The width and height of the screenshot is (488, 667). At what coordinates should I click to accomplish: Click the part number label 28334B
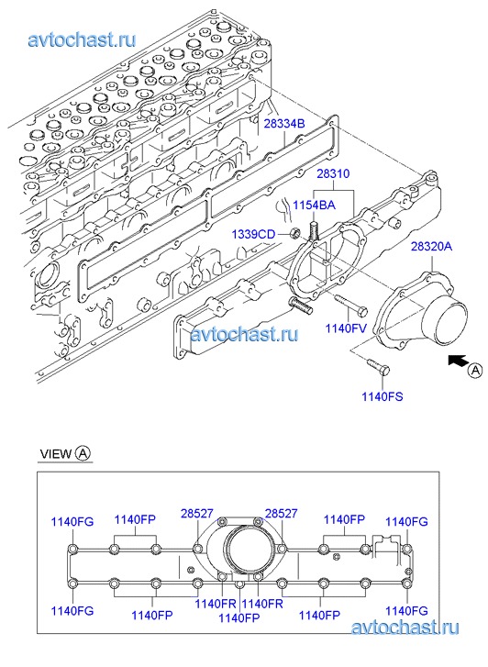click(x=284, y=124)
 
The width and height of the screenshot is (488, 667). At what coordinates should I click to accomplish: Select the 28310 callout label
click(x=333, y=173)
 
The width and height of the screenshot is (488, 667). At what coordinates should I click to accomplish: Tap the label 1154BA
click(x=314, y=205)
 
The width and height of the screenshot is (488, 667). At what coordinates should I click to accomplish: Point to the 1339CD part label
click(x=253, y=234)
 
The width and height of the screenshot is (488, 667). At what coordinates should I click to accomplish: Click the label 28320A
click(x=431, y=246)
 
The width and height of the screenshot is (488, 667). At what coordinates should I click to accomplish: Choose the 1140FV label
click(x=346, y=328)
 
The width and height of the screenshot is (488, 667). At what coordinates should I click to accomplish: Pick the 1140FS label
click(x=383, y=396)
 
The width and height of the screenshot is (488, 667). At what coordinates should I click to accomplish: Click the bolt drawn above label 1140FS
click(x=377, y=367)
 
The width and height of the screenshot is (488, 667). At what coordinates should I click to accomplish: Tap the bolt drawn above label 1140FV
click(x=350, y=306)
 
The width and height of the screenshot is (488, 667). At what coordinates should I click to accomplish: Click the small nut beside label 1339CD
click(x=294, y=233)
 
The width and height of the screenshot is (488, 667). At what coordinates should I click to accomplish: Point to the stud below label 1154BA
click(x=314, y=229)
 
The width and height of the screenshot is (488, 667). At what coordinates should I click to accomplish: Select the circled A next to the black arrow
click(x=475, y=370)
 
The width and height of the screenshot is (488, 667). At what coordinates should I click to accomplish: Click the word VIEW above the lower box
click(x=56, y=454)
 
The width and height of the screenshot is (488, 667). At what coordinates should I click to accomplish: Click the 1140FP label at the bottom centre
click(x=238, y=617)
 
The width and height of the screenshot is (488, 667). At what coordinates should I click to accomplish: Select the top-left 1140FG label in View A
click(x=72, y=521)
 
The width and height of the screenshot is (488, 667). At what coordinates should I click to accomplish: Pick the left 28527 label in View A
click(x=197, y=514)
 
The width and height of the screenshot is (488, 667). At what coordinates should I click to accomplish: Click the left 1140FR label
click(x=216, y=603)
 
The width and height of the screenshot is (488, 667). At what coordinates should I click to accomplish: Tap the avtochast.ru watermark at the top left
click(x=83, y=39)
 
